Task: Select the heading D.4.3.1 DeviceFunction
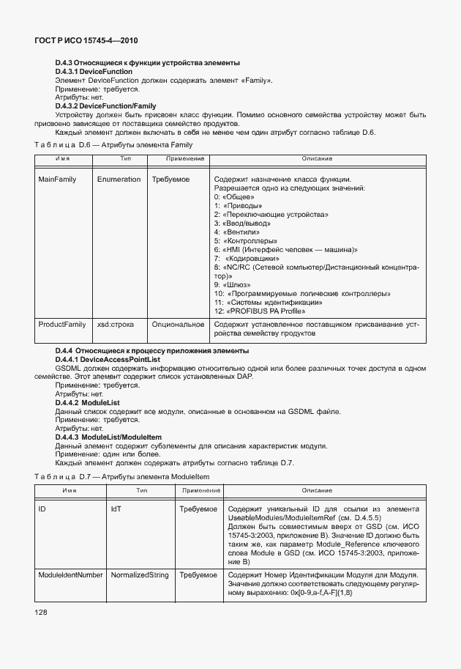[x=94, y=72]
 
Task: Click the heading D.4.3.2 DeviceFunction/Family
[x=105, y=106]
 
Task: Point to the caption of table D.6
[x=113, y=145]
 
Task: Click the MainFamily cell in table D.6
[x=58, y=180]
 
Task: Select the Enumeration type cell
[x=119, y=180]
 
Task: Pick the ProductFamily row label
[x=61, y=324]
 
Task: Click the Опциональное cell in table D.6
[x=178, y=324]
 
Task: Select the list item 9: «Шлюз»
[x=232, y=284]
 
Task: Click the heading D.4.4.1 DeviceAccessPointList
[x=108, y=360]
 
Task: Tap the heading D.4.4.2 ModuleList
[x=87, y=403]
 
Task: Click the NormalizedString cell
[x=140, y=575]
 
